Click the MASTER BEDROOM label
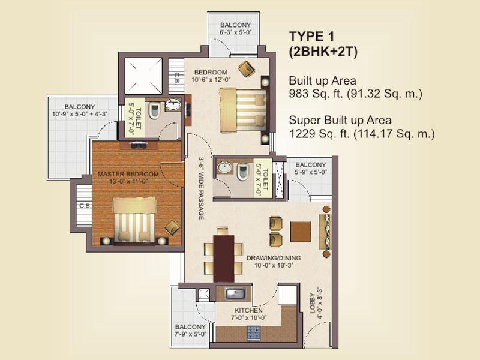pyautogui.click(x=128, y=174)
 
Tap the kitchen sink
pyautogui.click(x=236, y=293)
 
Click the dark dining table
pyautogui.click(x=224, y=259)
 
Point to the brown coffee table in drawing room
pyautogui.click(x=301, y=232)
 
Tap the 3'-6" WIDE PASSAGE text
pyautogui.click(x=201, y=188)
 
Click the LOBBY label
pyautogui.click(x=312, y=303)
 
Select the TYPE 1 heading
pyautogui.click(x=311, y=37)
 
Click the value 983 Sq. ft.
pyautogui.click(x=316, y=94)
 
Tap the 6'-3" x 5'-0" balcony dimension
pyautogui.click(x=235, y=32)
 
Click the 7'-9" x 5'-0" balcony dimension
pyautogui.click(x=190, y=334)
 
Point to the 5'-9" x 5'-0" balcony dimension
pyautogui.click(x=311, y=172)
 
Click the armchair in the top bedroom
pyautogui.click(x=247, y=69)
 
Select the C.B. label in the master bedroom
pyautogui.click(x=85, y=206)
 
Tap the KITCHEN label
pyautogui.click(x=248, y=310)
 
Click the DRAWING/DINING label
pyautogui.click(x=274, y=258)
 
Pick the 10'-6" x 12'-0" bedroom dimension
pyautogui.click(x=211, y=80)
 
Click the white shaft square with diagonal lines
pyautogui.click(x=143, y=76)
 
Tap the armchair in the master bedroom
pyautogui.click(x=173, y=228)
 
